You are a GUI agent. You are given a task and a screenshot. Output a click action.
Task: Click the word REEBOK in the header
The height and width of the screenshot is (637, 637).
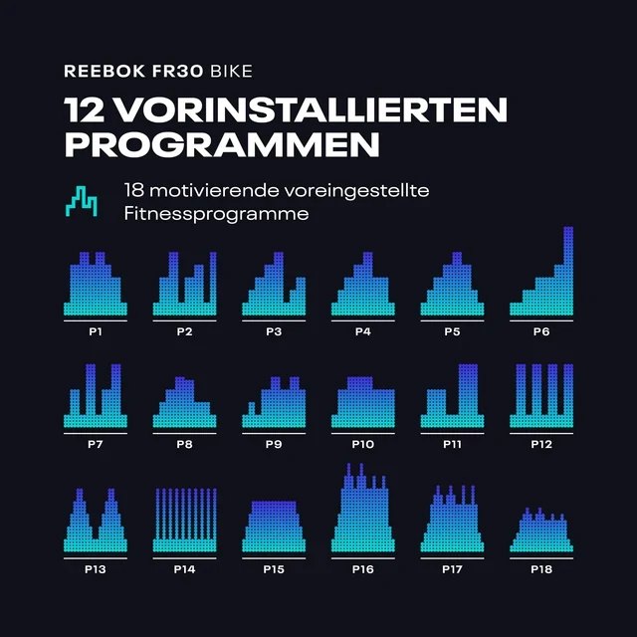(x=105, y=71)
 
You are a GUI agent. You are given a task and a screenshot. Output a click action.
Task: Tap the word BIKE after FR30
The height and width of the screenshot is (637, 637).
(x=231, y=71)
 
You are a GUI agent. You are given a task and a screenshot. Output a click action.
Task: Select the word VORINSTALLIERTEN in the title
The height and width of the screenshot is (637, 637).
(x=312, y=109)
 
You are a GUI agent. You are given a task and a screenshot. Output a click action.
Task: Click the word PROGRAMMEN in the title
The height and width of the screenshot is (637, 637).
(x=222, y=144)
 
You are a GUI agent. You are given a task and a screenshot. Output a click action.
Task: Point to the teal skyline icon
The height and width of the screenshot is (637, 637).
(x=82, y=201)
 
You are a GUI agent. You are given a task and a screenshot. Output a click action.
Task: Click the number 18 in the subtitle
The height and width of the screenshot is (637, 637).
(x=133, y=190)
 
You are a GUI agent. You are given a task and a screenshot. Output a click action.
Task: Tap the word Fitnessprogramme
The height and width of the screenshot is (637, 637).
(x=217, y=214)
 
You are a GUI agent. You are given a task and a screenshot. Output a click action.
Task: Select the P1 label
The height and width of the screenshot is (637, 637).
(x=96, y=331)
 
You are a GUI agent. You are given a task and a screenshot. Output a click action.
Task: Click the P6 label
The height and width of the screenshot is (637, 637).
(x=541, y=331)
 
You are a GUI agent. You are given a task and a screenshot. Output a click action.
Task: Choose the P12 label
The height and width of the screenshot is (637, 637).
(x=541, y=445)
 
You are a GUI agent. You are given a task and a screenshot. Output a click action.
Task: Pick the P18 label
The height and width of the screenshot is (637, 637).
(x=541, y=569)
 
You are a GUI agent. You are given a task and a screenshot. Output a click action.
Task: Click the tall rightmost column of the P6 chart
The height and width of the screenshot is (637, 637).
(x=568, y=271)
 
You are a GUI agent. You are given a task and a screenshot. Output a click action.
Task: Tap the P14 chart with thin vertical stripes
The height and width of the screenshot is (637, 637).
(x=185, y=520)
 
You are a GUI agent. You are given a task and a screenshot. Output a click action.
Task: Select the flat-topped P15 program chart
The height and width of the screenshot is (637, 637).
(x=274, y=527)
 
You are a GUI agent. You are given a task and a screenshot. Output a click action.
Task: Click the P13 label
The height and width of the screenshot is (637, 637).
(x=96, y=569)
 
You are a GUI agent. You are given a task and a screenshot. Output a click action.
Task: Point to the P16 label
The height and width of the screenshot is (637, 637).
(x=362, y=569)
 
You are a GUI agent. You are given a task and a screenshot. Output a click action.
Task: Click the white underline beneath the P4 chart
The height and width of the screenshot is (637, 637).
(x=362, y=320)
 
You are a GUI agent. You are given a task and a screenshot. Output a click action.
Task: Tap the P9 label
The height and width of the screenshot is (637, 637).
(x=274, y=445)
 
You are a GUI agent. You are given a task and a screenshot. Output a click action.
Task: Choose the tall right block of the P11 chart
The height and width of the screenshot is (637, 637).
(x=468, y=390)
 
